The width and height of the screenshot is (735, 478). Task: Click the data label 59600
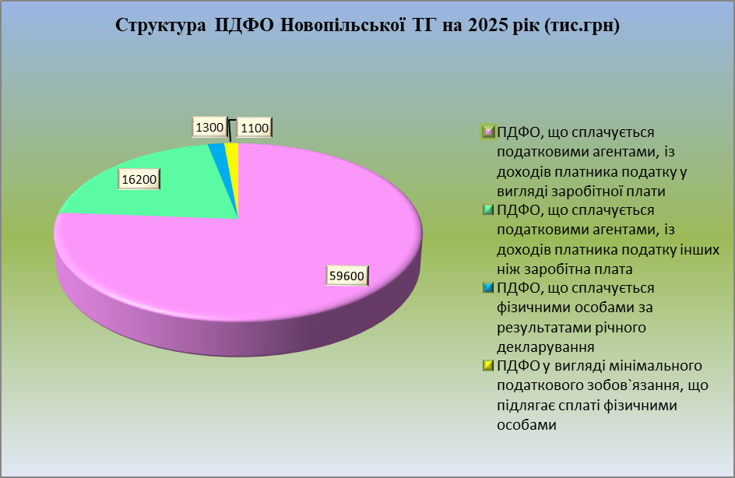tap(347, 276)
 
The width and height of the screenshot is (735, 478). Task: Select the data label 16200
tap(139, 180)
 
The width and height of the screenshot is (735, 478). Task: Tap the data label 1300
tap(209, 127)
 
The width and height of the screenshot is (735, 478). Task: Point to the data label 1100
tap(255, 128)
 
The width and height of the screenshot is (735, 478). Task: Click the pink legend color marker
tap(488, 132)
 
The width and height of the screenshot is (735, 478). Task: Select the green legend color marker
tap(488, 209)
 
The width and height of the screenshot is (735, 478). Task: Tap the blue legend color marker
tap(488, 287)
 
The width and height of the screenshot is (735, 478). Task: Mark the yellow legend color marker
tap(488, 365)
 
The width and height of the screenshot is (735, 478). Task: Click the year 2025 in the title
tap(485, 26)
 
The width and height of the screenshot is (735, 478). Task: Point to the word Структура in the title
tap(160, 26)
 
